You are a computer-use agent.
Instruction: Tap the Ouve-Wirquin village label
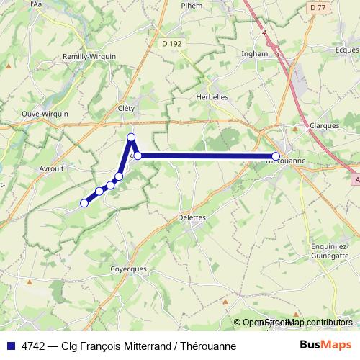click(45, 113)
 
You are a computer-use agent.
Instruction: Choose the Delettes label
click(192, 217)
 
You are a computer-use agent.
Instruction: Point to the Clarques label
click(325, 125)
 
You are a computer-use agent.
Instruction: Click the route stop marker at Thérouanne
click(276, 156)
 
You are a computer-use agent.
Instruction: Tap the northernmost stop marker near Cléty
click(131, 137)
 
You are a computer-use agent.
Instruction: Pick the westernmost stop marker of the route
click(84, 203)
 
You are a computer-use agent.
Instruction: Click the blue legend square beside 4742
click(10, 346)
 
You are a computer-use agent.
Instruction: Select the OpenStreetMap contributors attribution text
click(298, 323)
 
